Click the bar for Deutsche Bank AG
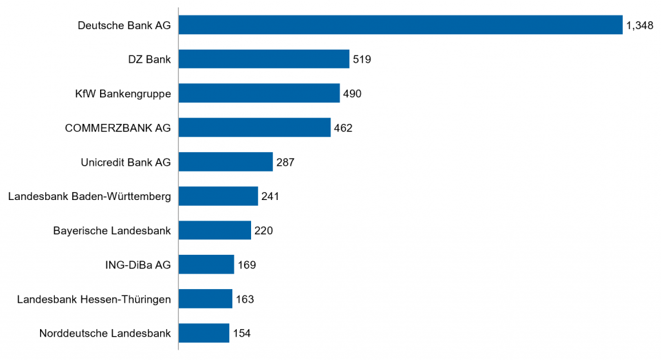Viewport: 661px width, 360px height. click(400, 25)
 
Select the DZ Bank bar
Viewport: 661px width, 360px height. click(263, 59)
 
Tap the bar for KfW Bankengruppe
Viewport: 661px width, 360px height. click(259, 94)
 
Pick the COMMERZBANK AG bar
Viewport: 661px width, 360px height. click(254, 128)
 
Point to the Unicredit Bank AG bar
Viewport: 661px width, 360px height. click(225, 162)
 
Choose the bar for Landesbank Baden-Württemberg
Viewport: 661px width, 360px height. click(218, 196)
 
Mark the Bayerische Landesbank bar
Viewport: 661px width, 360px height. click(214, 230)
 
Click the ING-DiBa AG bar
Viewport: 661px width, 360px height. click(206, 265)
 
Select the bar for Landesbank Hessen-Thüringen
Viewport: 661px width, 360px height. click(205, 299)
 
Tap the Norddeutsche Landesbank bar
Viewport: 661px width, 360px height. click(203, 333)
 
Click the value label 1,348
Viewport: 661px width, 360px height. click(640, 26)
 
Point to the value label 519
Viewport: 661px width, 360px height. click(362, 60)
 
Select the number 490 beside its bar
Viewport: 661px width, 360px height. click(352, 94)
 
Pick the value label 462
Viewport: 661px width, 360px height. click(343, 128)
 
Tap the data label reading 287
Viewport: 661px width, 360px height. click(285, 163)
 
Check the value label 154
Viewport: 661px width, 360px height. click(241, 334)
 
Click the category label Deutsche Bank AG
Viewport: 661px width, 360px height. click(124, 26)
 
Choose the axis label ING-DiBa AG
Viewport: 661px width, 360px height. click(137, 265)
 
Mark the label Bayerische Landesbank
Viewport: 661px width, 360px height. click(112, 230)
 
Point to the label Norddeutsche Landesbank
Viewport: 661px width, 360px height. click(105, 334)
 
